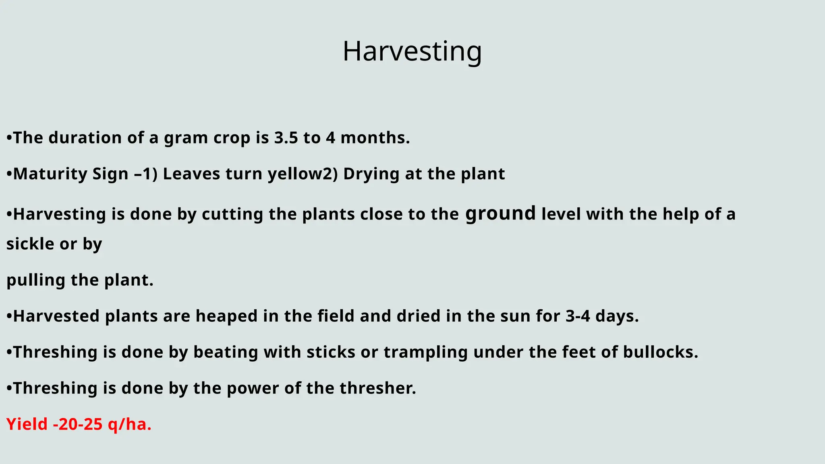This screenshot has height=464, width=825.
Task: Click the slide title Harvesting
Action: tap(412, 52)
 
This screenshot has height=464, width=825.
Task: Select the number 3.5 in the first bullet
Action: tap(286, 138)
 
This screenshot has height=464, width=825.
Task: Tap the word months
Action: tap(375, 138)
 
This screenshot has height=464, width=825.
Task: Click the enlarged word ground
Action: tap(500, 213)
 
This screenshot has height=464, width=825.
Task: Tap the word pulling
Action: tap(36, 280)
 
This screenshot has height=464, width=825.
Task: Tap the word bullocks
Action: tap(660, 352)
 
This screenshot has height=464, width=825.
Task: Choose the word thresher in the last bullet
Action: tap(377, 388)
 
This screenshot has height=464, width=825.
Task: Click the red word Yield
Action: tap(27, 425)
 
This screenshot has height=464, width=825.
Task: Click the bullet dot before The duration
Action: tap(9, 138)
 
